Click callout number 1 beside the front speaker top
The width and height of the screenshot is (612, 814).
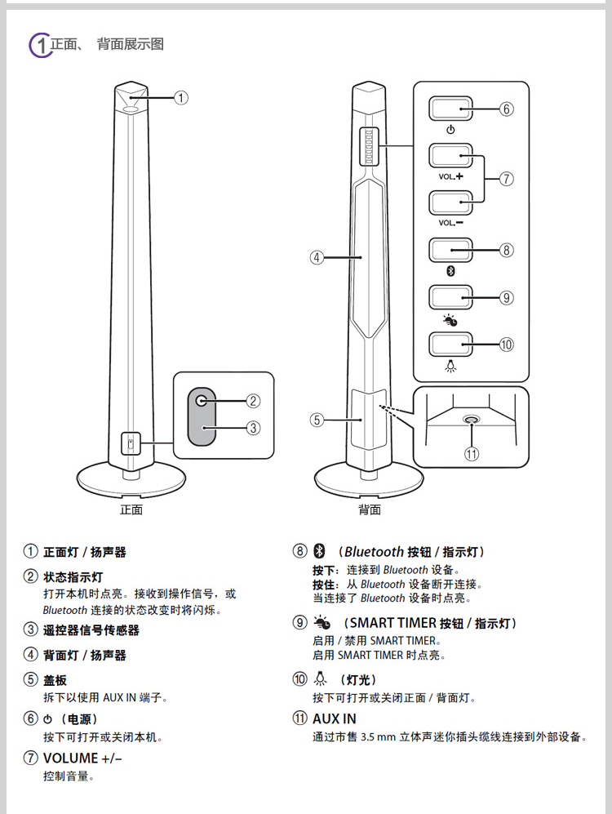click(x=181, y=97)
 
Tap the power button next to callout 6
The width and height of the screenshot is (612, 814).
click(x=451, y=109)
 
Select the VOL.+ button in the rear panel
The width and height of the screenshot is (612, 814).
click(x=451, y=155)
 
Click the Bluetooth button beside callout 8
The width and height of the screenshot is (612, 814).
click(x=451, y=249)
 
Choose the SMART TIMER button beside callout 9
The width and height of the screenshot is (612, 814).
click(x=451, y=296)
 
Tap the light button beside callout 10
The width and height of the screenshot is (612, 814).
click(x=451, y=344)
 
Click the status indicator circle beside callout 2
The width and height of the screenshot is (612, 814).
click(x=203, y=401)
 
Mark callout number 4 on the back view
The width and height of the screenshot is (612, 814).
click(x=317, y=257)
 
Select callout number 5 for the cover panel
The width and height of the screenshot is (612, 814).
click(x=317, y=420)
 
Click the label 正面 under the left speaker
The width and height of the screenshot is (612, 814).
click(x=131, y=510)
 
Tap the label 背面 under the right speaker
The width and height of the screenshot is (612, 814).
click(x=370, y=510)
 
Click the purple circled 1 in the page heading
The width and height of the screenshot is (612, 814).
click(x=39, y=45)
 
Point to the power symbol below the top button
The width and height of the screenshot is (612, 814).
click(x=451, y=130)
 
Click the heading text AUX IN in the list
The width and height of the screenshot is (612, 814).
click(x=334, y=719)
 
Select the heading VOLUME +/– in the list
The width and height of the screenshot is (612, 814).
click(x=82, y=758)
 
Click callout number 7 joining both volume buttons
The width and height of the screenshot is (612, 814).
click(x=506, y=178)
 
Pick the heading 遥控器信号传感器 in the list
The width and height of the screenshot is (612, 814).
click(x=91, y=629)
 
